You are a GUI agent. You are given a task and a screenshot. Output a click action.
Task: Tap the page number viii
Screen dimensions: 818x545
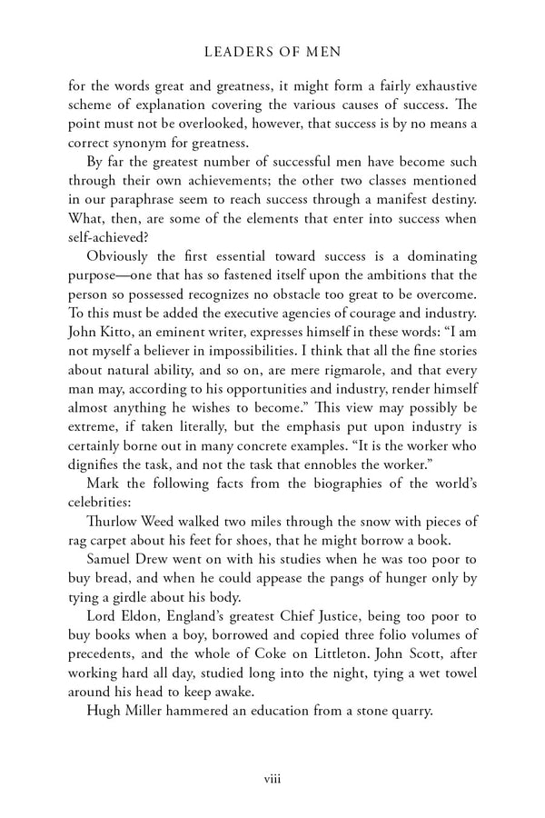click(x=272, y=779)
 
